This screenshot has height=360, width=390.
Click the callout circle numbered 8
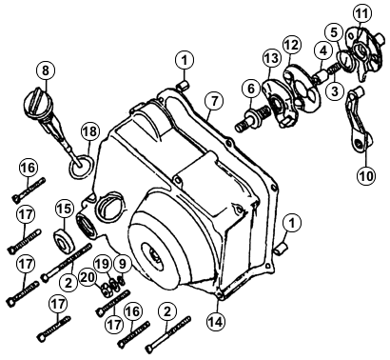click(46, 70)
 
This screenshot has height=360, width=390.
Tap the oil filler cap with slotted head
click(38, 101)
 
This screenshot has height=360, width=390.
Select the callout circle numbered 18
click(90, 131)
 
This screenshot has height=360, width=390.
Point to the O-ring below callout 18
click(82, 165)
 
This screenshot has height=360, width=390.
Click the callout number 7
click(214, 101)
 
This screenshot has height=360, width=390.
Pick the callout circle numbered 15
click(65, 209)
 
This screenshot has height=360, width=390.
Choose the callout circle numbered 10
click(366, 175)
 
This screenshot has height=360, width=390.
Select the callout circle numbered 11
click(362, 14)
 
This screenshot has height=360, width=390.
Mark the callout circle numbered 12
click(291, 46)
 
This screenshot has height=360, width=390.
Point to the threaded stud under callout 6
click(252, 117)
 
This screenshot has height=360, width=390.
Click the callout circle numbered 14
click(217, 321)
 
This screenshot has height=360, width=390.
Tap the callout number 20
click(88, 277)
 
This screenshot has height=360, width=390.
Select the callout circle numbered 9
click(122, 263)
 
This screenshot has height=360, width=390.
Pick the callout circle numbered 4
click(322, 51)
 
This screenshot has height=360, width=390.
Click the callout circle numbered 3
click(335, 90)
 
